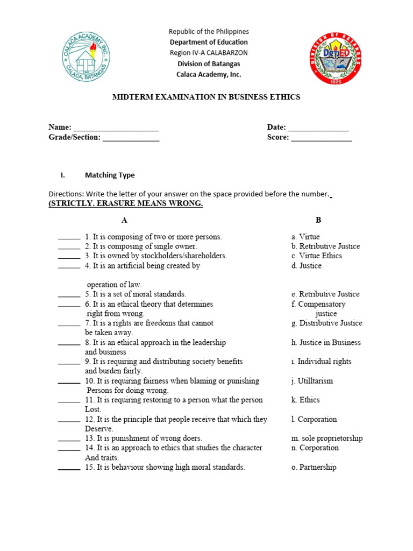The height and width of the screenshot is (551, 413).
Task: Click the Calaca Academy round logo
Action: coord(87,56)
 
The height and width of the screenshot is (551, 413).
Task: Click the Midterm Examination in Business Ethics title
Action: coord(206,97)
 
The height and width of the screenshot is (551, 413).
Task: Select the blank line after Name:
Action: coord(116,128)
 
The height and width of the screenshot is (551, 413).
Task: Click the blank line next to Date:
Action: coord(318,128)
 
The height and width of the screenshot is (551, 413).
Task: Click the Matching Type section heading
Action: coord(110,175)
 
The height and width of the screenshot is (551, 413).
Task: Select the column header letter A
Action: coord(124,220)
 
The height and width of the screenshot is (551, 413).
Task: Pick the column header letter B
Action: coord(318,220)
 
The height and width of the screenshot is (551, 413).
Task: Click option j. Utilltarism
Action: coord(312,381)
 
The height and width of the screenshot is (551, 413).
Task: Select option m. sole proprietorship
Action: coord(326,438)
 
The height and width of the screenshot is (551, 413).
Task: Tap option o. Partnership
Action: coord(314,467)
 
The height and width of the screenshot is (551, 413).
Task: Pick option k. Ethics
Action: coord(305,400)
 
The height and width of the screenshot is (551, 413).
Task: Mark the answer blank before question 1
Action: coord(69,237)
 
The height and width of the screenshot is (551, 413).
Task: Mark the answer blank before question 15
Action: coord(69,468)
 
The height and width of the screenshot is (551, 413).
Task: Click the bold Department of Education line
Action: coord(209,42)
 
